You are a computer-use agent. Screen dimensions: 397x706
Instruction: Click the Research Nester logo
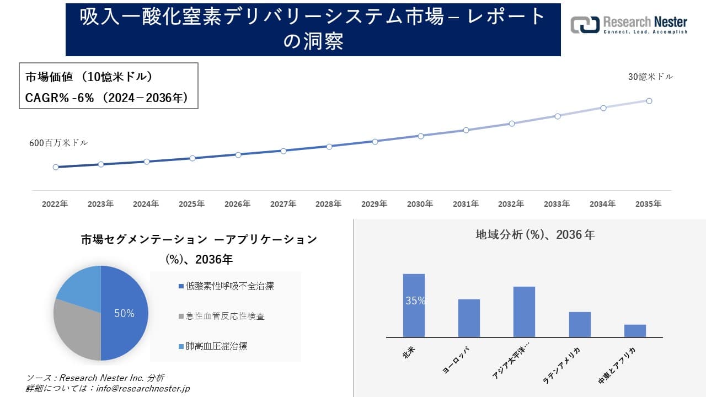[629, 25]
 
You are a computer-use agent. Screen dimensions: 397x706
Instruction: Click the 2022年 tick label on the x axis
[55, 204]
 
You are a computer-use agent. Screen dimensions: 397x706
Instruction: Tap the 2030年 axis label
[420, 204]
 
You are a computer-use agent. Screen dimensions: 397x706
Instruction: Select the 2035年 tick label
[648, 204]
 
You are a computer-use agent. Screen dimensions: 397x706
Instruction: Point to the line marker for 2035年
[649, 101]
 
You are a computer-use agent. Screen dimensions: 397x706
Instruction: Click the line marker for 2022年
[56, 167]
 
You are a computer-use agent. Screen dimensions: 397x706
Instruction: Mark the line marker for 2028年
[329, 147]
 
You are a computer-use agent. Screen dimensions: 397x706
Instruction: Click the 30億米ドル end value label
[650, 77]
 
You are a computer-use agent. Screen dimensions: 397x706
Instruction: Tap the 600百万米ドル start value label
[58, 143]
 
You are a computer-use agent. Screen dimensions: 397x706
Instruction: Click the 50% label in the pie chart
[124, 314]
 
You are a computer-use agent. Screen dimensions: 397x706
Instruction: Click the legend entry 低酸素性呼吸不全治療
[229, 286]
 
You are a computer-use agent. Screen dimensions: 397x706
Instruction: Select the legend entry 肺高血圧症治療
[216, 346]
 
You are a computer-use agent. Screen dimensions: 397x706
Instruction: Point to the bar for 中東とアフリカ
[635, 331]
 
